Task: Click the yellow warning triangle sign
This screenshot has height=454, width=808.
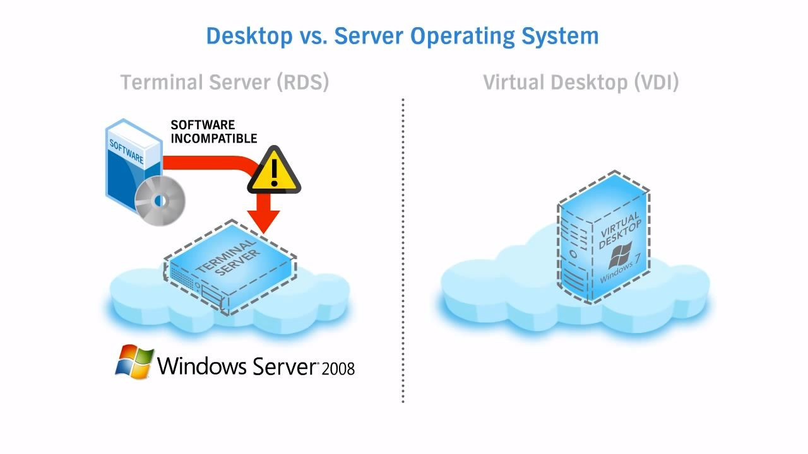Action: [274, 170]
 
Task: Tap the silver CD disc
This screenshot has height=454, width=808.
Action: [160, 201]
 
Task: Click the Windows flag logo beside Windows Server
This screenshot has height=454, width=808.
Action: [134, 362]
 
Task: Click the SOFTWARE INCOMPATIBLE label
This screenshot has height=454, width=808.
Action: [213, 132]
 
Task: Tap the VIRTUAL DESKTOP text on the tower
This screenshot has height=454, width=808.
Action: [620, 230]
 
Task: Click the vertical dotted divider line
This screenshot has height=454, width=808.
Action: [403, 252]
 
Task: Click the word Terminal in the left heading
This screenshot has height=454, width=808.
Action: [159, 82]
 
